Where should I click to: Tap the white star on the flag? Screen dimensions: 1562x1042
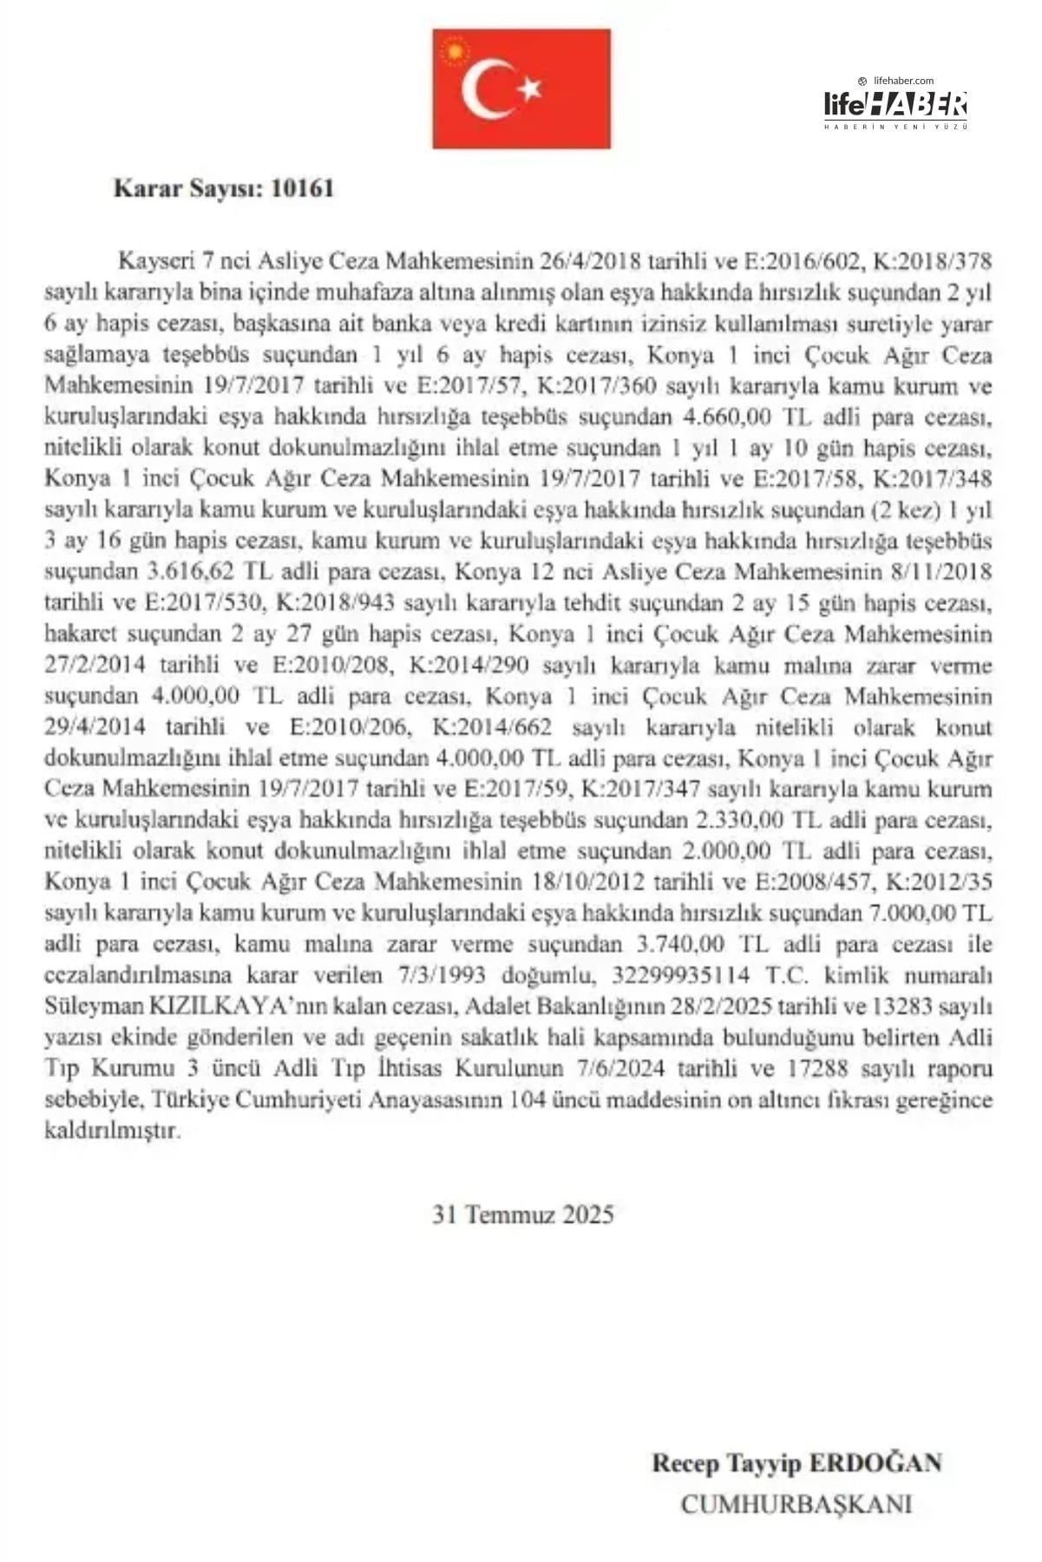click(530, 87)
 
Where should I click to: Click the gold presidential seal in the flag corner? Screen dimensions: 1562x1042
click(453, 51)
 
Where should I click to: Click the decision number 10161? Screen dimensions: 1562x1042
click(302, 188)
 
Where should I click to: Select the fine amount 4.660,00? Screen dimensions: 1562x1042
click(727, 417)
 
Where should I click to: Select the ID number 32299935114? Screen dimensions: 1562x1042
click(680, 975)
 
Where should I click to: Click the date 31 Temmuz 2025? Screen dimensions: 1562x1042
click(522, 1214)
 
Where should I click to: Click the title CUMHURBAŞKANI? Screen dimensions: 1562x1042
click(796, 1504)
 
